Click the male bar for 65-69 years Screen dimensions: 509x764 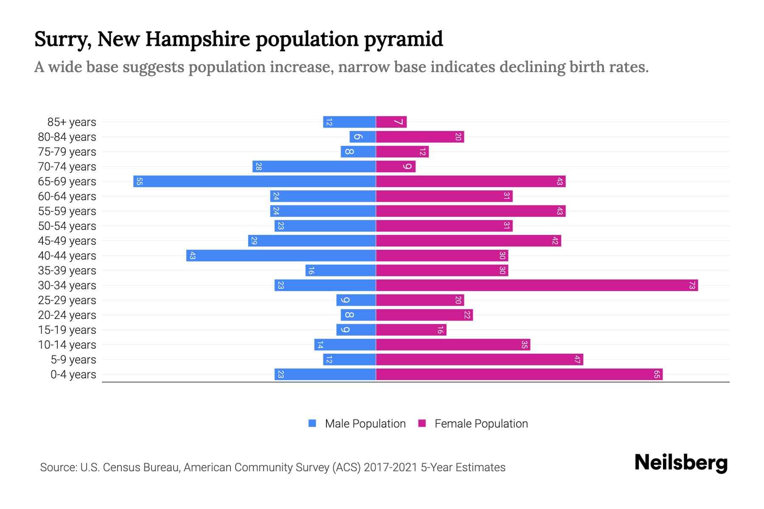[x=255, y=182]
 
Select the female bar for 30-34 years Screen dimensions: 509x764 [x=537, y=285]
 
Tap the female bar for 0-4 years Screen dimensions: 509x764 [x=519, y=375]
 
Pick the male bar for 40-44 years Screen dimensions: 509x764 [x=281, y=256]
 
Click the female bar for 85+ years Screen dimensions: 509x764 [x=391, y=122]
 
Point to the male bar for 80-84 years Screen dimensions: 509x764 [x=363, y=137]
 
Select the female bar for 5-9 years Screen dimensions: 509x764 [x=480, y=360]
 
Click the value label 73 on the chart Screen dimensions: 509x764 [x=692, y=285]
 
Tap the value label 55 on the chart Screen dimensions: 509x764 [x=139, y=182]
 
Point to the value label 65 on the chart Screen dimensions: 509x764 [x=657, y=375]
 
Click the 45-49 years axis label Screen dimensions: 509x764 [x=67, y=241]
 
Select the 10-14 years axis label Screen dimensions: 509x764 [x=67, y=345]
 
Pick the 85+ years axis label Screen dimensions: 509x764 [x=72, y=122]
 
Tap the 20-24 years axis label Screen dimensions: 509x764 [x=67, y=315]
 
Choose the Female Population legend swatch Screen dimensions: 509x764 [x=422, y=423]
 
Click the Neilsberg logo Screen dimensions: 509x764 [x=681, y=462]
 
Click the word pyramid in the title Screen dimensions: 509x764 [x=403, y=39]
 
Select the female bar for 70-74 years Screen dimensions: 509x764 [x=396, y=167]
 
